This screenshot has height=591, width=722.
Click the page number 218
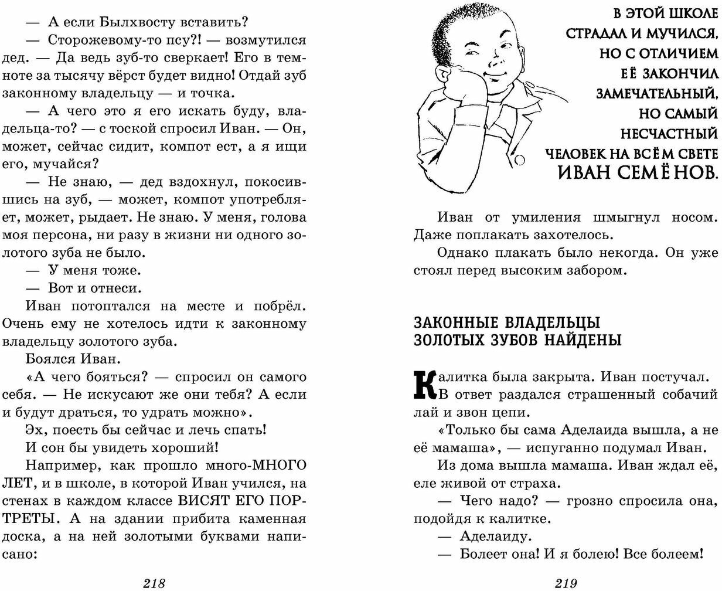[x=155, y=583]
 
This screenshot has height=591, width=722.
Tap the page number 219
[x=566, y=583]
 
